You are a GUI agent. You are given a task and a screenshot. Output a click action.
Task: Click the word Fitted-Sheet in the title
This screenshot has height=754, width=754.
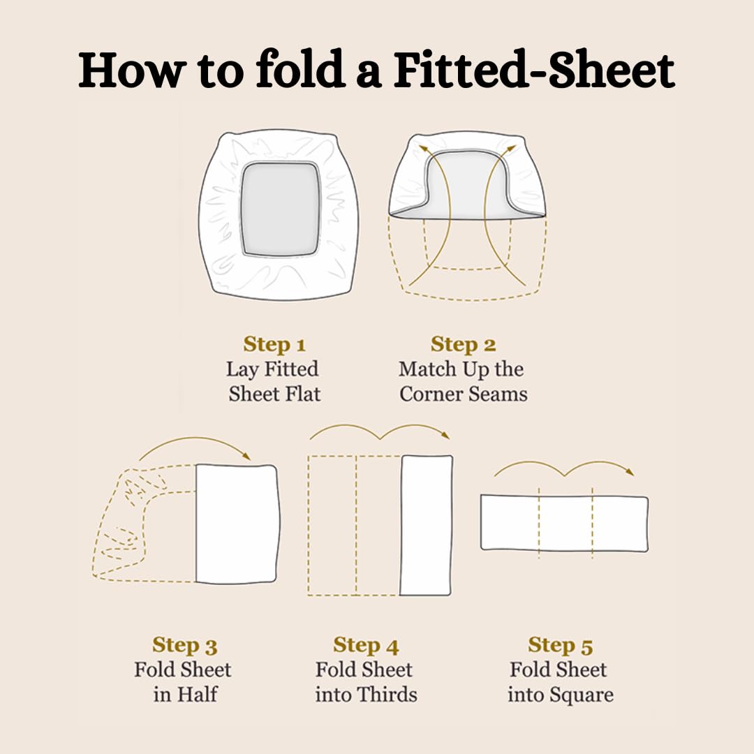tap(534, 71)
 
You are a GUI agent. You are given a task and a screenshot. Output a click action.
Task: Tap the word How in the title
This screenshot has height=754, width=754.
tap(132, 71)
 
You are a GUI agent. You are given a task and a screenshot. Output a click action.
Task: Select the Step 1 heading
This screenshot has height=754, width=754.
tap(274, 343)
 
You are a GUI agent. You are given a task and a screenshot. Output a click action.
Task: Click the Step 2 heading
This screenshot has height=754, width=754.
tap(463, 343)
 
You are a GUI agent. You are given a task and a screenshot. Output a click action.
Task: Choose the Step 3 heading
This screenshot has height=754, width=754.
tap(185, 645)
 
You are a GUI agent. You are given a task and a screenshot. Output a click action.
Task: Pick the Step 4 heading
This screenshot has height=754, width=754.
tap(366, 645)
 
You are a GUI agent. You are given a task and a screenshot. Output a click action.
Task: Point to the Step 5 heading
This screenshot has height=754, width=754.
tap(560, 645)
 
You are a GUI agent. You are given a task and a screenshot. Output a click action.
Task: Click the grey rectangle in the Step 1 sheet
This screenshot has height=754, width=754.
tap(281, 208)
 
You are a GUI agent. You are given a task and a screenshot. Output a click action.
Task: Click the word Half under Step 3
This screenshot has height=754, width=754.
tap(197, 695)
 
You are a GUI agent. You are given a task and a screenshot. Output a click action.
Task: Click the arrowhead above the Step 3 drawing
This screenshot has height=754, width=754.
tap(247, 456)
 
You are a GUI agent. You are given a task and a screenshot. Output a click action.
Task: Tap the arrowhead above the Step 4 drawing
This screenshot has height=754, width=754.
tap(445, 435)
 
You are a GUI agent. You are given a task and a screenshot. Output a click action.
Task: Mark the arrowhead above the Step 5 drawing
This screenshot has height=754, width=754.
tap(630, 472)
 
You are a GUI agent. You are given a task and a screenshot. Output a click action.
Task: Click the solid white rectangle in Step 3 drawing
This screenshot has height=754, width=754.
tap(237, 524)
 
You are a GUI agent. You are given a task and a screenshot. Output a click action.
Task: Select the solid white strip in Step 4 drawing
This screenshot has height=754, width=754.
tap(426, 525)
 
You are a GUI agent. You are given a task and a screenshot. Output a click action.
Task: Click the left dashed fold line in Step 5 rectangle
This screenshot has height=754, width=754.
tap(539, 523)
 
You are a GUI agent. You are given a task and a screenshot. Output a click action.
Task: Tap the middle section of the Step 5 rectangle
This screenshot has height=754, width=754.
tap(565, 523)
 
